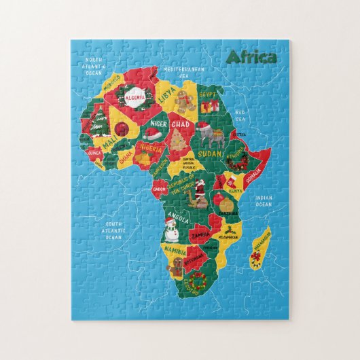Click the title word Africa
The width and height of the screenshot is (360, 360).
pyautogui.click(x=251, y=57)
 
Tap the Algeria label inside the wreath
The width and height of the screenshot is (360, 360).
pyautogui.click(x=134, y=97)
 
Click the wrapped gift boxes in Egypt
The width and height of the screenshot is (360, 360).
pyautogui.click(x=211, y=105)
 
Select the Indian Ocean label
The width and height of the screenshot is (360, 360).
pyautogui.click(x=263, y=201)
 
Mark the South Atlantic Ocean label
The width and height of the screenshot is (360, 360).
pyautogui.click(x=113, y=230)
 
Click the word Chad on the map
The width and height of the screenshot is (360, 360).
pyautogui.click(x=180, y=125)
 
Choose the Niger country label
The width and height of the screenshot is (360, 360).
pyautogui.click(x=158, y=124)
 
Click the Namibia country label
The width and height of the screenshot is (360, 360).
pyautogui.click(x=173, y=249)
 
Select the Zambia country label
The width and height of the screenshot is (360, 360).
pyautogui.click(x=200, y=234)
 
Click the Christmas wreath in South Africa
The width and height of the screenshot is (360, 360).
pyautogui.click(x=198, y=279)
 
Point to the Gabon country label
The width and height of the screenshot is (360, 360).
pyautogui.click(x=160, y=190)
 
